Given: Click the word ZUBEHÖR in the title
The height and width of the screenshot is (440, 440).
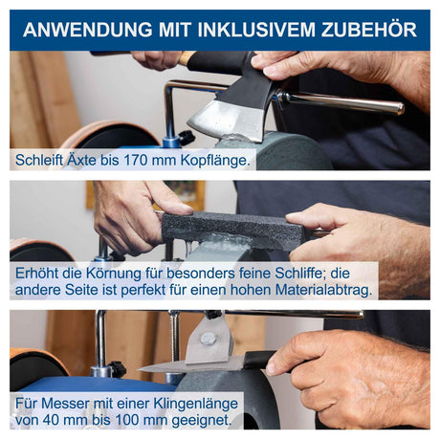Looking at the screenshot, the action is coord(369,30).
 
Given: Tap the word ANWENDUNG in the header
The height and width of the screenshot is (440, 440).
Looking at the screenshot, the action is coord(88,30).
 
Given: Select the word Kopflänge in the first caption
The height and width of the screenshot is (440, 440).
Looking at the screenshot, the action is coord(215,161).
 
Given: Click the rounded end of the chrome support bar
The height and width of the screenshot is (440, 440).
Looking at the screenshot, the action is coord(399,108).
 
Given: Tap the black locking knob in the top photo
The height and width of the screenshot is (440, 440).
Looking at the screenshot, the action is coord(186,138).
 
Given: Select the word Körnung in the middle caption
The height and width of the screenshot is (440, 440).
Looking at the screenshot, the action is coord(113,273).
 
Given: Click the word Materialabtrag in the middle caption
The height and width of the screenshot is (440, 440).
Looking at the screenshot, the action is coord(323,290).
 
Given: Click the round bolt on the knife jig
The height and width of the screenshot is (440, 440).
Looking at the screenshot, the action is coord(208,339).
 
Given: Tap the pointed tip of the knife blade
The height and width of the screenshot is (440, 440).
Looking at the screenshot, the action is coord(138,369).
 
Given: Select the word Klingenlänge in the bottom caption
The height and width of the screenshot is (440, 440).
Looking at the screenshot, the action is coord(196,404).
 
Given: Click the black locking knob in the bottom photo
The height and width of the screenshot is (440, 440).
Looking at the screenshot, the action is coord(117,369).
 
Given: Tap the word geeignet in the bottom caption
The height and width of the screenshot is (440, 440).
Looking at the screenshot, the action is coord(202,421).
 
